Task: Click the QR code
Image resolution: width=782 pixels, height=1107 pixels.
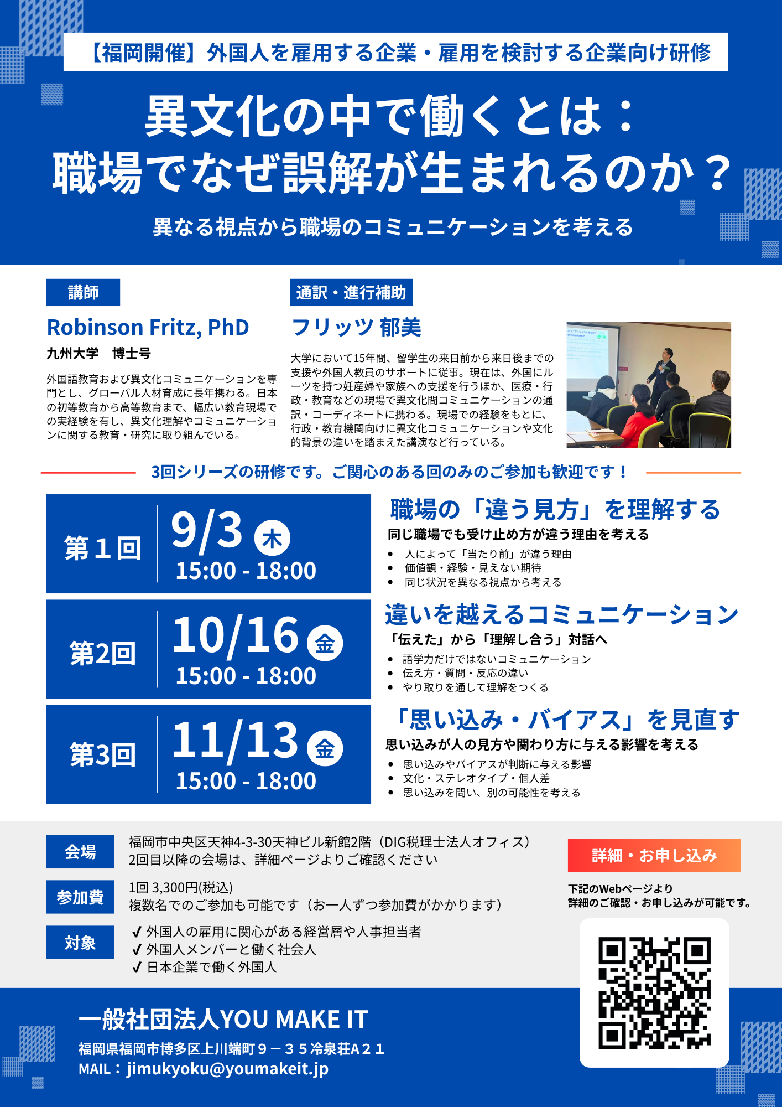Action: pyautogui.click(x=654, y=993)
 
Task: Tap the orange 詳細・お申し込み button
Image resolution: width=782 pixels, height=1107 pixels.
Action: pyautogui.click(x=654, y=856)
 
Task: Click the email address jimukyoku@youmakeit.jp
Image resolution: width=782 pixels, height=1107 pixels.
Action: pyautogui.click(x=227, y=1069)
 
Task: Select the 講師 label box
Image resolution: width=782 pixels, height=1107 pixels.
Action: pyautogui.click(x=83, y=292)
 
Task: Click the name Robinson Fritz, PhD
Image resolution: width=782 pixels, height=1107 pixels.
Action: pyautogui.click(x=148, y=327)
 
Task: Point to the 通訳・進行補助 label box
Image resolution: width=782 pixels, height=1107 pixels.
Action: pyautogui.click(x=351, y=292)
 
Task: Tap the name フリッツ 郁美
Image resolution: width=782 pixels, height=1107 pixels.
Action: pyautogui.click(x=356, y=327)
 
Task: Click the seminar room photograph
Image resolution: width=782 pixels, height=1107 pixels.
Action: pyautogui.click(x=649, y=385)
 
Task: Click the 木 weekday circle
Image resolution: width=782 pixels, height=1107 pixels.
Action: pyautogui.click(x=272, y=538)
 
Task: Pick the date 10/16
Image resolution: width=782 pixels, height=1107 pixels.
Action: pyautogui.click(x=236, y=635)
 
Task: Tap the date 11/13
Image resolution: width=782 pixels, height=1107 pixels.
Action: pyautogui.click(x=236, y=740)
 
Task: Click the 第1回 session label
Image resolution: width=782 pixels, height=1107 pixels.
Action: pyautogui.click(x=103, y=549)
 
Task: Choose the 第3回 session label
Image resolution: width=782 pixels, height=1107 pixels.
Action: pyautogui.click(x=103, y=754)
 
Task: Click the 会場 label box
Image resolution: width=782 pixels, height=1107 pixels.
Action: pyautogui.click(x=80, y=852)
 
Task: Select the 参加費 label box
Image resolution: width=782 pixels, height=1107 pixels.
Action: pyautogui.click(x=80, y=897)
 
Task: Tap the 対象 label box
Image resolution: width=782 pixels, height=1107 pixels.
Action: pyautogui.click(x=80, y=943)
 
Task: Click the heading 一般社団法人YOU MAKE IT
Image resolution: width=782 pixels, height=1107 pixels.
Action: pyautogui.click(x=223, y=1020)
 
